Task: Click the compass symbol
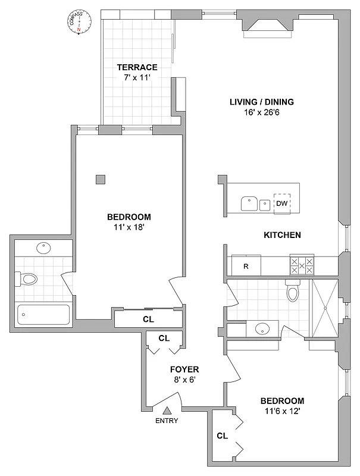79,24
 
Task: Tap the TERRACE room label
137,67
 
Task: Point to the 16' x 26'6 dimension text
262,112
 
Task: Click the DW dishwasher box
282,203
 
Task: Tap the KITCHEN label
282,235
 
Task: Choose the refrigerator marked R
246,266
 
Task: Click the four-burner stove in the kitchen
301,265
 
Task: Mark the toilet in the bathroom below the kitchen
292,291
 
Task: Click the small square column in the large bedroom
101,179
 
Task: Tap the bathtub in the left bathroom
43,314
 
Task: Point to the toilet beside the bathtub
28,278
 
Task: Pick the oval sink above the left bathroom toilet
43,248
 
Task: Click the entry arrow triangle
168,410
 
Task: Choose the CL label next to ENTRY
222,436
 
